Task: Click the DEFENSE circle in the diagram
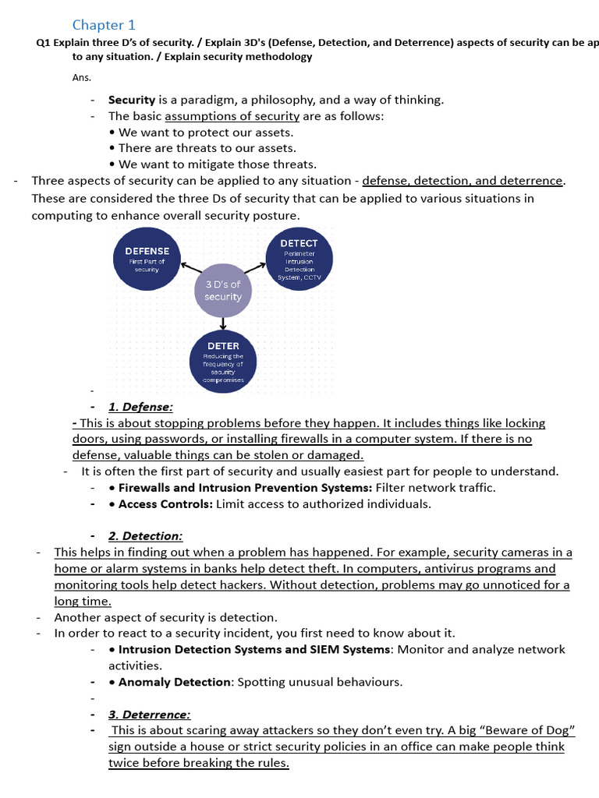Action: pos(147,259)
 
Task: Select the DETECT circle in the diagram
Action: pos(299,259)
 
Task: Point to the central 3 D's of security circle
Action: pos(223,291)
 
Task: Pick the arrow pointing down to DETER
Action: pos(223,323)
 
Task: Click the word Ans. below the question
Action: pos(81,77)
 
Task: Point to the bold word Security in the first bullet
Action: pos(132,100)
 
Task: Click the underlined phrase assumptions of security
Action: pos(232,116)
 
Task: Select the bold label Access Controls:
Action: pos(165,504)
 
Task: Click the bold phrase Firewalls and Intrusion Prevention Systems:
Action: pos(245,488)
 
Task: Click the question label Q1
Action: pos(43,43)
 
